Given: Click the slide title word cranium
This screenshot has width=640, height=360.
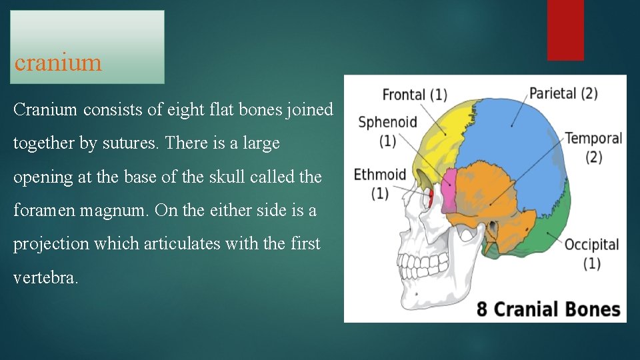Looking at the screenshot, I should pyautogui.click(x=58, y=63).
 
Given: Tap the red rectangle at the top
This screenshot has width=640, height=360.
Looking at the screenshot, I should pyautogui.click(x=565, y=30).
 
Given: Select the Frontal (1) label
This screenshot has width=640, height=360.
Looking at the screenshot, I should pyautogui.click(x=414, y=95).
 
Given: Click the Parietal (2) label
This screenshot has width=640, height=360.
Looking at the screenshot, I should pyautogui.click(x=563, y=93).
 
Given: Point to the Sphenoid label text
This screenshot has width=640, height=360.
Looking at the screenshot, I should pyautogui.click(x=387, y=122).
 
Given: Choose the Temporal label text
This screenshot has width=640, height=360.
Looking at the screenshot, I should pyautogui.click(x=593, y=139).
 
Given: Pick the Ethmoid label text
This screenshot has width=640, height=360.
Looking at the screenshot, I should pyautogui.click(x=379, y=175).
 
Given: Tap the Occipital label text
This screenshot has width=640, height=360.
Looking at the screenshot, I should pyautogui.click(x=591, y=244).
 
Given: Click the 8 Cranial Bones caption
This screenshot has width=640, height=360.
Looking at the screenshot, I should pyautogui.click(x=548, y=309).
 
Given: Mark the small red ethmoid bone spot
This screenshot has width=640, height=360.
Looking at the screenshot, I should pyautogui.click(x=431, y=197).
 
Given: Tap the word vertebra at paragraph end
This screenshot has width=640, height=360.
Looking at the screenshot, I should pyautogui.click(x=45, y=278).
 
